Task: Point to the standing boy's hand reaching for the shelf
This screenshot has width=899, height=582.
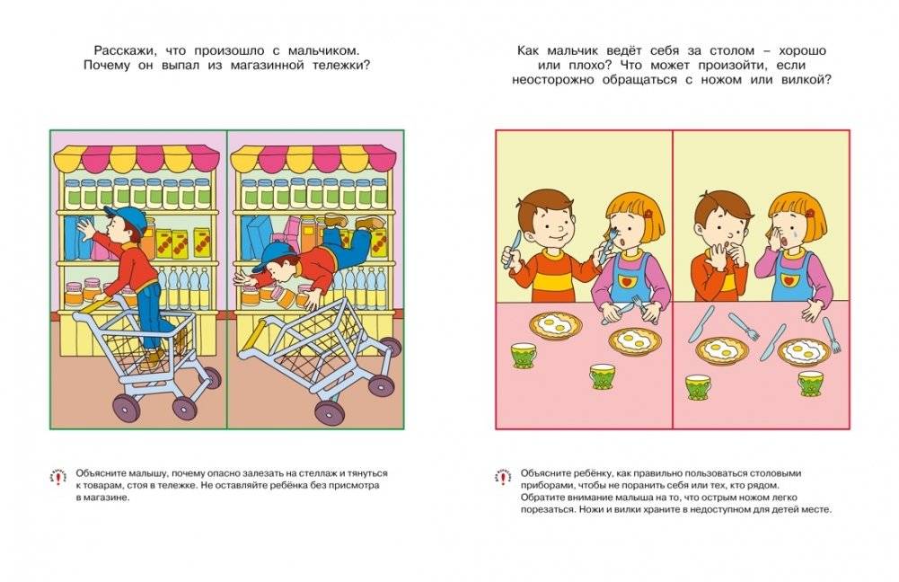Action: coord(84,229)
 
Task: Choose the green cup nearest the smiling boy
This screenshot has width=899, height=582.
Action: coord(522,356)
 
